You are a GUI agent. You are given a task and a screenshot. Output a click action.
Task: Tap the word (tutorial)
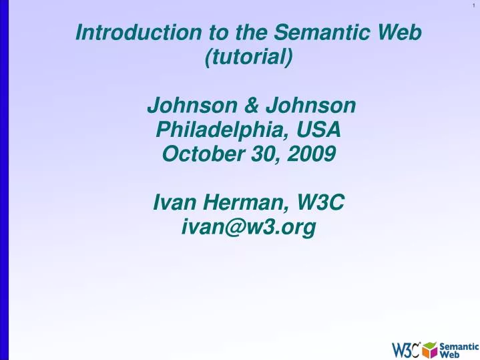click(x=248, y=57)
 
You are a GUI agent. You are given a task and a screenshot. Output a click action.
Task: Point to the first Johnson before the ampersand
click(x=189, y=106)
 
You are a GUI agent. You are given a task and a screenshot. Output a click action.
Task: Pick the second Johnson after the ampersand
click(x=310, y=106)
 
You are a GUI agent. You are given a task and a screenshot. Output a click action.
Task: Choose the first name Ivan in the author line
click(x=173, y=202)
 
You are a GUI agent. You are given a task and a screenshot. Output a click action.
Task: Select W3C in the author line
click(x=320, y=202)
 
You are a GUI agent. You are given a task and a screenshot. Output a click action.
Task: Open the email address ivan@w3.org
click(x=248, y=228)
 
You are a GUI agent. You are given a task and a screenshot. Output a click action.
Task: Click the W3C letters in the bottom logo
click(x=405, y=349)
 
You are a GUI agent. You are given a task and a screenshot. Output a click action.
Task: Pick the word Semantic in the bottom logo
click(x=459, y=345)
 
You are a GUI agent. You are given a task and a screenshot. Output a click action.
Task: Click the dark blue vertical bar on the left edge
click(x=3, y=180)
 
